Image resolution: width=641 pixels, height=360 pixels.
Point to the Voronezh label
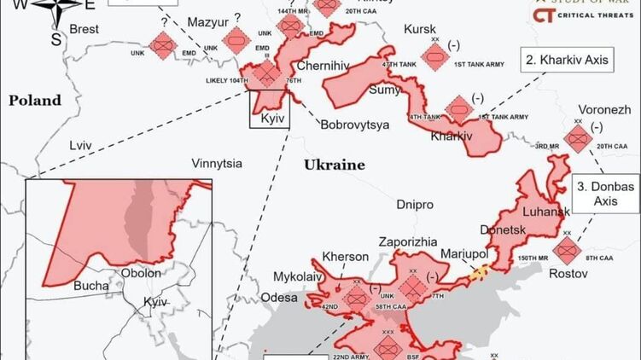coord(604,111)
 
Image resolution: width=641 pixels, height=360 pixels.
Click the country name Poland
coord(35,101)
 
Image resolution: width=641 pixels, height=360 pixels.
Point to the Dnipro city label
coord(415,205)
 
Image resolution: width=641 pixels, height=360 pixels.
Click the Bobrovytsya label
coord(355,125)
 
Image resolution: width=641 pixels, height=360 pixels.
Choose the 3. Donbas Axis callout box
coord(606,195)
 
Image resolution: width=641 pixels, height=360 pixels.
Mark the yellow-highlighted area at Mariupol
coord(481,271)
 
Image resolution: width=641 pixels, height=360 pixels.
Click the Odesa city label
coord(280,298)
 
